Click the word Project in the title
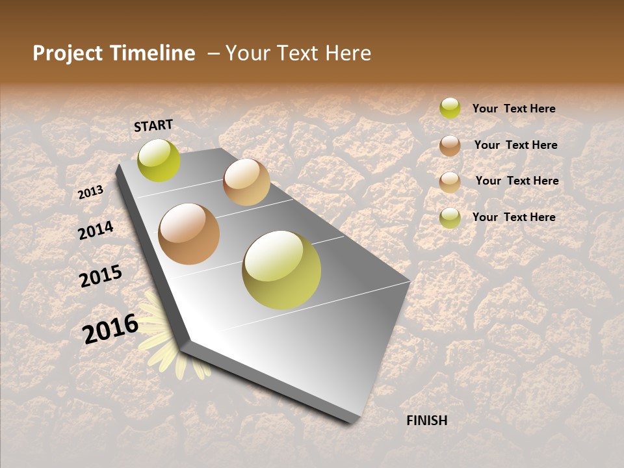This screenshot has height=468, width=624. click(68, 53)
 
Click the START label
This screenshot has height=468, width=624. click(153, 125)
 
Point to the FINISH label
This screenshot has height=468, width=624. click(427, 421)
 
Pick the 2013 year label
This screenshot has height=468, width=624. click(90, 192)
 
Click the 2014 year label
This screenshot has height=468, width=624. click(96, 231)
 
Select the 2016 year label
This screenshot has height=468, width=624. click(110, 328)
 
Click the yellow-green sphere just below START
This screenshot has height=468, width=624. click(159, 161)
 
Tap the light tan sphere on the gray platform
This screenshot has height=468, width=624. click(246, 182)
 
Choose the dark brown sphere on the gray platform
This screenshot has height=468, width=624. click(189, 234)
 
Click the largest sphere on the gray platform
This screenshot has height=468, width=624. click(281, 270)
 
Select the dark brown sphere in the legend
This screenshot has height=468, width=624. click(450, 146)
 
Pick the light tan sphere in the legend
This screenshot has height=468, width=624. click(450, 182)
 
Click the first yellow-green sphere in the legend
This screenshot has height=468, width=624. click(450, 108)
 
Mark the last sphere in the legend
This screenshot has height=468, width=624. click(450, 218)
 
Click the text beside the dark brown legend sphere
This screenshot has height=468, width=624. click(516, 145)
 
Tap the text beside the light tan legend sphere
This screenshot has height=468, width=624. click(517, 181)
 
